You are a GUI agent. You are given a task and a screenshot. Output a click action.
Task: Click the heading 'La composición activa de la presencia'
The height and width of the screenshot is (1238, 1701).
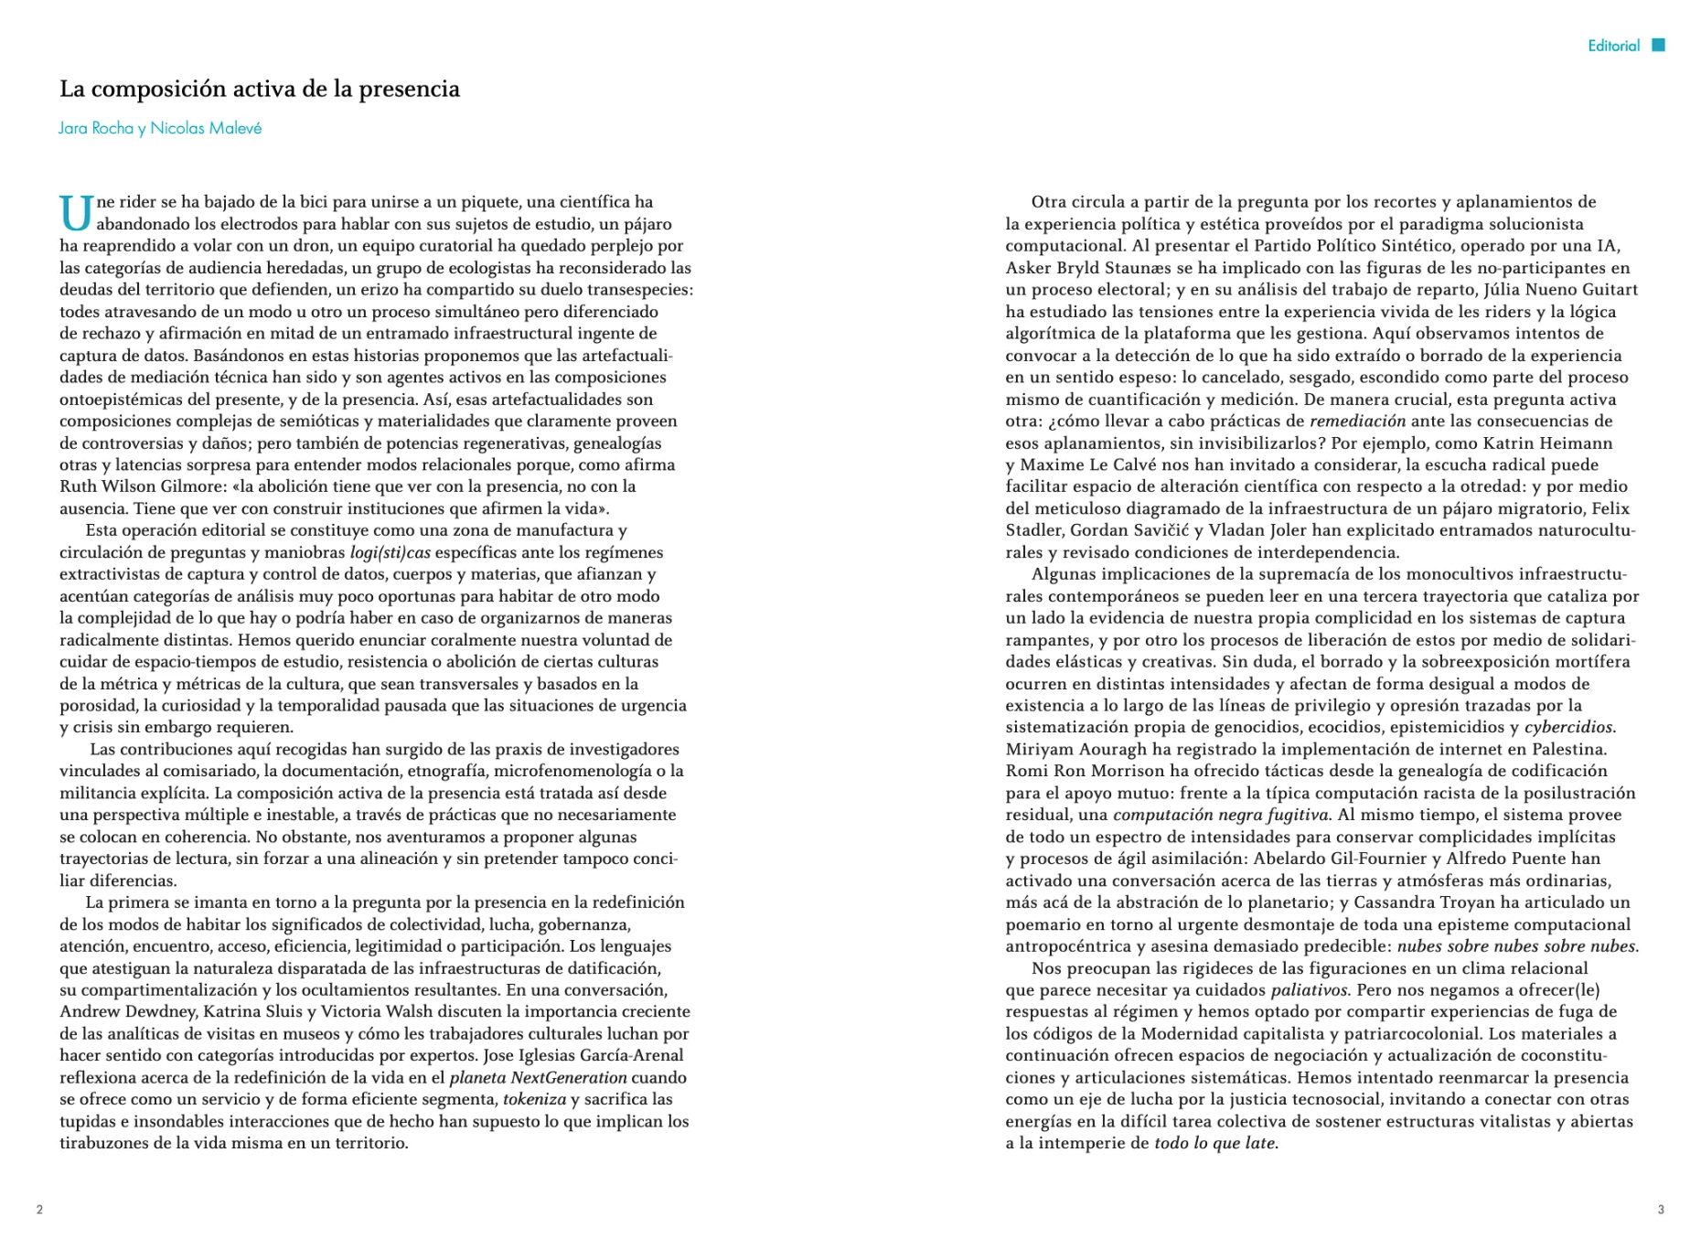pos(260,89)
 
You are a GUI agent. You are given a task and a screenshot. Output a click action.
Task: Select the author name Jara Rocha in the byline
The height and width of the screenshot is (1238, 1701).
pos(96,128)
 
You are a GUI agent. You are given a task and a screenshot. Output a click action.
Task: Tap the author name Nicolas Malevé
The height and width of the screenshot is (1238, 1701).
pos(206,128)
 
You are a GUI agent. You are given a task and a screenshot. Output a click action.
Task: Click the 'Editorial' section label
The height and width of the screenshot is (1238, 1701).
pos(1613,46)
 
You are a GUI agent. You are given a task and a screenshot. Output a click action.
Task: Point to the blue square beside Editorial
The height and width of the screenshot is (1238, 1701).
pos(1658,45)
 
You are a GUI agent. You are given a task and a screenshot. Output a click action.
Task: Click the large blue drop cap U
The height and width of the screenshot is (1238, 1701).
pos(76,213)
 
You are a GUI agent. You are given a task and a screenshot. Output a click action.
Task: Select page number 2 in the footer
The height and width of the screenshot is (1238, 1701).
pos(39,1210)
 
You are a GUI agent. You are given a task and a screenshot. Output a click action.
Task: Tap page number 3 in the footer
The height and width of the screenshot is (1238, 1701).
pos(1661,1210)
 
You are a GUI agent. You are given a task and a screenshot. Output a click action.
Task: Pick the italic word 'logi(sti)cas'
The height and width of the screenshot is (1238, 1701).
pos(390,552)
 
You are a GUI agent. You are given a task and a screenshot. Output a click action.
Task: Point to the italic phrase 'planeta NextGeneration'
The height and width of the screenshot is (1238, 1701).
pos(538,1078)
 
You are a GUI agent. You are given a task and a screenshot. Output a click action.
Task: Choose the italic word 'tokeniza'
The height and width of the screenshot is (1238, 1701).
pos(534,1100)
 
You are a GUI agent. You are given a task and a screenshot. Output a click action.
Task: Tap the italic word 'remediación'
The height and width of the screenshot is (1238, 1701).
pos(1357,422)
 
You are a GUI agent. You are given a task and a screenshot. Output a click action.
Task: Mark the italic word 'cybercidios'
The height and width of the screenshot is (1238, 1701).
pos(1568,728)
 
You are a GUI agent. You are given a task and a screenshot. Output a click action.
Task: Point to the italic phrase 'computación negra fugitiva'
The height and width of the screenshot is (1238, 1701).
pos(1220,815)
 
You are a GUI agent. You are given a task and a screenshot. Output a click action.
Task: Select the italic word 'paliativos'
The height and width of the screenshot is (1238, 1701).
pos(1309,990)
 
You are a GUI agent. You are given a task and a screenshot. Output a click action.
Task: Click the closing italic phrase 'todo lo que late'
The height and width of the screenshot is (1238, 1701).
pos(1214,1144)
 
